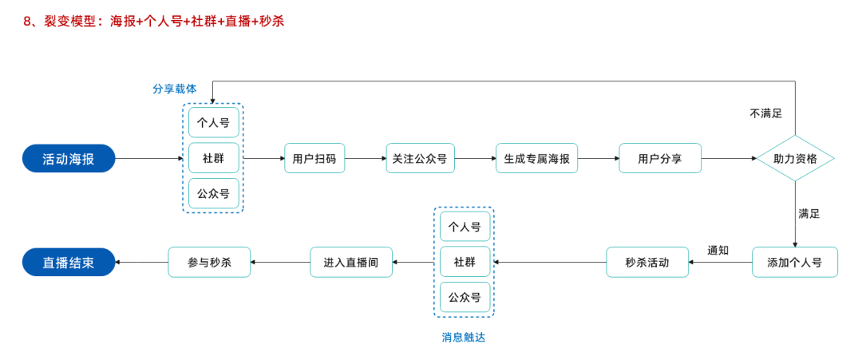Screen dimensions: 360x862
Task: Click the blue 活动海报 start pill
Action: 69,159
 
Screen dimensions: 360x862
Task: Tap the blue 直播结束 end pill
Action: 69,262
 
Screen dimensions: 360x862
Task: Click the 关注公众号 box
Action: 420,159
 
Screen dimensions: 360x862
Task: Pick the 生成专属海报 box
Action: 536,159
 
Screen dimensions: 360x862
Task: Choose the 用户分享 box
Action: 660,159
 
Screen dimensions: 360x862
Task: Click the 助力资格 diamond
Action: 795,159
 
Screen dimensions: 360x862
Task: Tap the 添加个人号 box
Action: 795,262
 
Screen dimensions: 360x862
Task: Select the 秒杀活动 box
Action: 647,262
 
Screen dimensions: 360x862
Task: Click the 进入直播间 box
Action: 351,262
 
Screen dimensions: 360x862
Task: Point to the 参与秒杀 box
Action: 209,262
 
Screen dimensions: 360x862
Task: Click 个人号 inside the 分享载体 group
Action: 213,123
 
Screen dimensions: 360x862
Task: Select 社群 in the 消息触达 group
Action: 465,262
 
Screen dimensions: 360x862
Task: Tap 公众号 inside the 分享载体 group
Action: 213,193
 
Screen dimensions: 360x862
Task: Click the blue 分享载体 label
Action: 174,89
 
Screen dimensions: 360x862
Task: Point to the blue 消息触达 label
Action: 464,337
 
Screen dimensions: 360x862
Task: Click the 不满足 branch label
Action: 765,113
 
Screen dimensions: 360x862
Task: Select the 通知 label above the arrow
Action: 718,250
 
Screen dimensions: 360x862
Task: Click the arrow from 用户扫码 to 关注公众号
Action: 366,159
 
